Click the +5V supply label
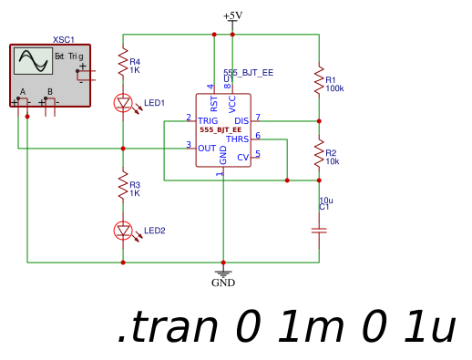[x=232, y=15]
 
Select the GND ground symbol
[x=223, y=273]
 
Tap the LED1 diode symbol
[x=123, y=103]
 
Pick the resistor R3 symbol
[x=123, y=187]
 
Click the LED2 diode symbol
[x=123, y=230]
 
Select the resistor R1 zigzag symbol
[x=319, y=79]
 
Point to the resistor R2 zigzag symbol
[x=319, y=153]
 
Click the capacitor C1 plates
[x=319, y=231]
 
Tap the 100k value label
[x=334, y=89]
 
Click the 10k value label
[x=333, y=161]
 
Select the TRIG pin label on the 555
[x=208, y=120]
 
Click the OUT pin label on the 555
[x=207, y=148]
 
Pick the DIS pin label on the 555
[x=241, y=120]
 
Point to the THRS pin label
[x=237, y=139]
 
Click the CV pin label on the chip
[x=242, y=158]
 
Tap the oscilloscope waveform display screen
[x=32, y=61]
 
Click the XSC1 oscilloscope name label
[x=64, y=39]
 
